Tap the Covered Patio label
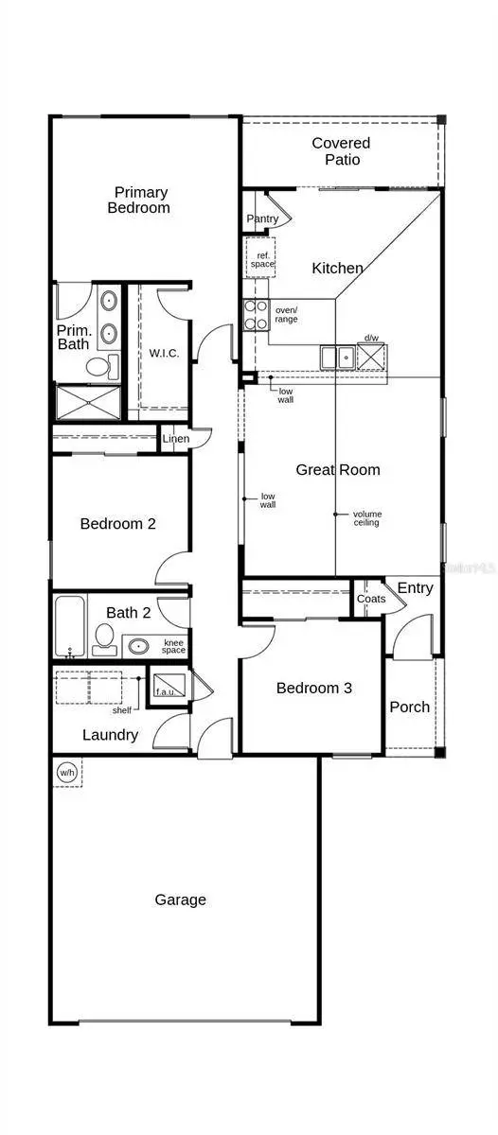pyautogui.click(x=341, y=151)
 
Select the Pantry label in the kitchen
pyautogui.click(x=262, y=218)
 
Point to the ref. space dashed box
pyautogui.click(x=262, y=258)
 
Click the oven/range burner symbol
pyautogui.click(x=256, y=315)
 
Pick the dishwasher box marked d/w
pyautogui.click(x=371, y=356)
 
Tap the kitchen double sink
pyautogui.click(x=338, y=357)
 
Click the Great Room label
pyautogui.click(x=338, y=469)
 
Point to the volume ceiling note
pyautogui.click(x=366, y=517)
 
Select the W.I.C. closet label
pyautogui.click(x=164, y=353)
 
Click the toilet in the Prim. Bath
pyautogui.click(x=102, y=365)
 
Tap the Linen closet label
pyautogui.click(x=175, y=439)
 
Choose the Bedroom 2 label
pyautogui.click(x=117, y=523)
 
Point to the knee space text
pyautogui.click(x=174, y=646)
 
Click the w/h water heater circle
pyautogui.click(x=66, y=772)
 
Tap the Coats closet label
pyautogui.click(x=371, y=599)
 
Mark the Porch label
pyautogui.click(x=409, y=707)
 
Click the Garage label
pyautogui.click(x=180, y=899)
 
